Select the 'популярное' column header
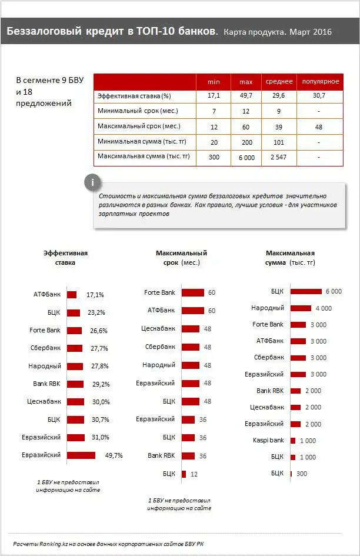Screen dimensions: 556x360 point(320,81)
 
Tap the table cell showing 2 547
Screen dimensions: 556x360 point(278,157)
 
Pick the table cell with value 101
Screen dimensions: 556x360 point(278,142)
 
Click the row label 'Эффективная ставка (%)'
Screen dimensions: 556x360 point(134,96)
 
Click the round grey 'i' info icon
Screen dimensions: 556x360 point(92,182)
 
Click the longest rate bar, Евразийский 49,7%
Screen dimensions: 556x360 point(81,455)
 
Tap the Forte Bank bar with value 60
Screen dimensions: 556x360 point(193,292)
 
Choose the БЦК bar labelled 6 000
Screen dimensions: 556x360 point(306,291)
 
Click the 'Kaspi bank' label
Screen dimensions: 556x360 point(268,440)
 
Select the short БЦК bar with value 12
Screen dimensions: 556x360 point(184,474)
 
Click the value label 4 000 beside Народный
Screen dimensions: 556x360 point(324,308)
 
